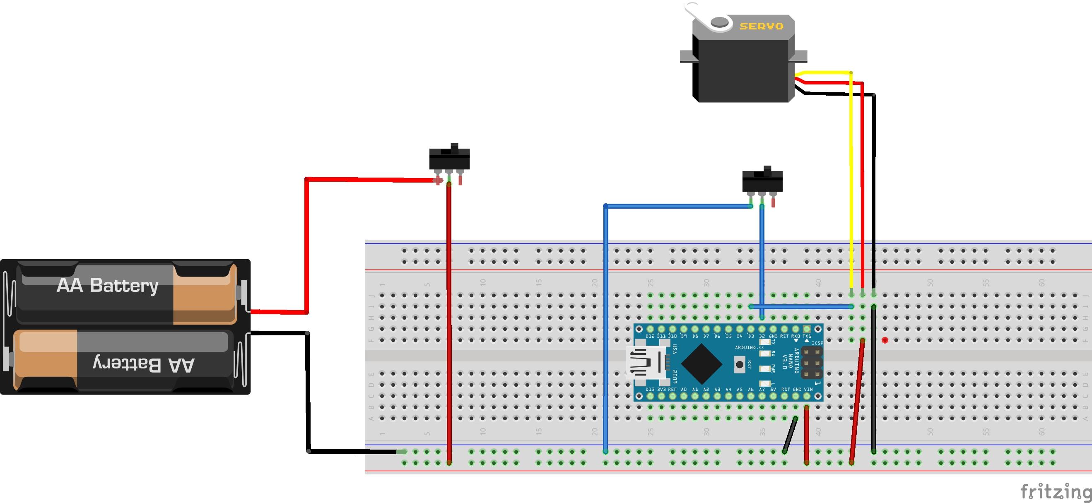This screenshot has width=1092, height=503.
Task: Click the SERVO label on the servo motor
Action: pos(762,26)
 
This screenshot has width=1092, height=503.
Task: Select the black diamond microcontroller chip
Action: pos(701,363)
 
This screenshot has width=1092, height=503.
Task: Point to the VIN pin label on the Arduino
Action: pos(808,389)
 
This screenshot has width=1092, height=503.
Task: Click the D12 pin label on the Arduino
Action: pos(650,336)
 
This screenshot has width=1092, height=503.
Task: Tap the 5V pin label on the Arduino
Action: pos(773,389)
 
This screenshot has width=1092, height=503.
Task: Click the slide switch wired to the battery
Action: pos(449,159)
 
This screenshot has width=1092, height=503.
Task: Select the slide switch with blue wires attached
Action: pos(762,181)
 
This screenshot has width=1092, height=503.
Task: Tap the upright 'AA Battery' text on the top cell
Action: pos(108,285)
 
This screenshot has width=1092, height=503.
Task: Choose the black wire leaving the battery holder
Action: pos(308,390)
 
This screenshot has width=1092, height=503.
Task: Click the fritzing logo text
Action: pos(1055,491)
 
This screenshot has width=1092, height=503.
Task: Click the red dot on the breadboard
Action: pos(885,340)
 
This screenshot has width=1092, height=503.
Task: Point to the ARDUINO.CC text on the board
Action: pos(750,347)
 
